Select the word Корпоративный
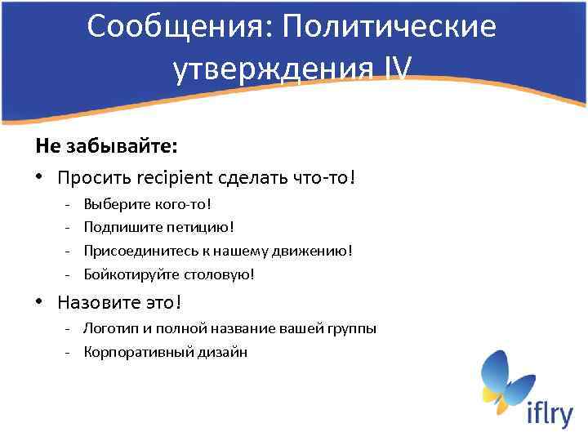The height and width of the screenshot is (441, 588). [x=134, y=352]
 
